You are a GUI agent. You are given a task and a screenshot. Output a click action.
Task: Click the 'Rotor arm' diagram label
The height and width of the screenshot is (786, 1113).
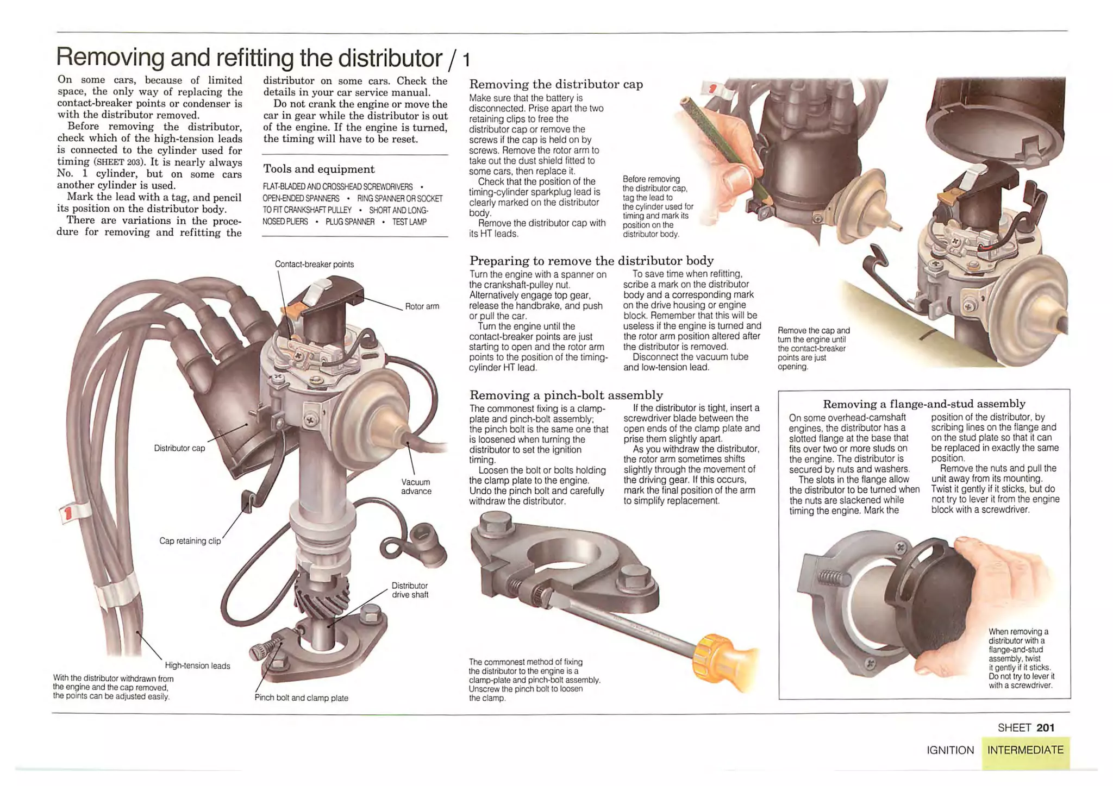(422, 306)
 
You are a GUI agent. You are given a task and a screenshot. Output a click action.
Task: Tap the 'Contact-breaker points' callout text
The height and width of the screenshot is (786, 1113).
(314, 265)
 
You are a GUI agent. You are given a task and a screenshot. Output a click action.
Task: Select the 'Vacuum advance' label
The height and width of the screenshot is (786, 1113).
(416, 486)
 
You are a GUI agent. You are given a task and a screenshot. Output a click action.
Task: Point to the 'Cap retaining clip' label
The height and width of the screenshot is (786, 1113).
(190, 541)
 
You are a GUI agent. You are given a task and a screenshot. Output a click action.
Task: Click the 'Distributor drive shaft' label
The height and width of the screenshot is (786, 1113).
(410, 590)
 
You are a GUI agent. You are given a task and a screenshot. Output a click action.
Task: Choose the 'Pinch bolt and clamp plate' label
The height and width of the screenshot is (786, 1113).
(301, 698)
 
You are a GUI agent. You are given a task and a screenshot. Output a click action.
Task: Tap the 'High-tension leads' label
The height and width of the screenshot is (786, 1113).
(197, 666)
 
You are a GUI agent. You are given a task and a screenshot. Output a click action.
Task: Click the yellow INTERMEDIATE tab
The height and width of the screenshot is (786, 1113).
(1025, 750)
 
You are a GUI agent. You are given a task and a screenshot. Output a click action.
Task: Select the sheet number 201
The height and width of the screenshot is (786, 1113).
(1045, 728)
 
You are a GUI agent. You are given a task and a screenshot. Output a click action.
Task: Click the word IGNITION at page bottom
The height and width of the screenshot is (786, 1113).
(950, 751)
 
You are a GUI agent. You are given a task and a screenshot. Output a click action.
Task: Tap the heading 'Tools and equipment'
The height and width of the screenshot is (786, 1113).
(318, 169)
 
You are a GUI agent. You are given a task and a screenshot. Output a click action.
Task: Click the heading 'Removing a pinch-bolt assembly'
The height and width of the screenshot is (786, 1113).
(566, 395)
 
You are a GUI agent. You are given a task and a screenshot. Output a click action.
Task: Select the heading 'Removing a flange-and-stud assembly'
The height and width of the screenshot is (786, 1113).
(924, 404)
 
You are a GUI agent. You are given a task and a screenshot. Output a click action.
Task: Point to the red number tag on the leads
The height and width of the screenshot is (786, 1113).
(68, 513)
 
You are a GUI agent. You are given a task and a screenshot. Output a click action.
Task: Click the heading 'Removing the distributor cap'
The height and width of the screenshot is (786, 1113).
(555, 84)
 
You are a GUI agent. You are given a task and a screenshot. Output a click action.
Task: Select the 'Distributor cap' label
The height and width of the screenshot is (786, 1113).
(179, 448)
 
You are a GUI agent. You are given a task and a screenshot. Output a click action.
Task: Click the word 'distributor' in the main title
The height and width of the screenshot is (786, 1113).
(390, 57)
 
